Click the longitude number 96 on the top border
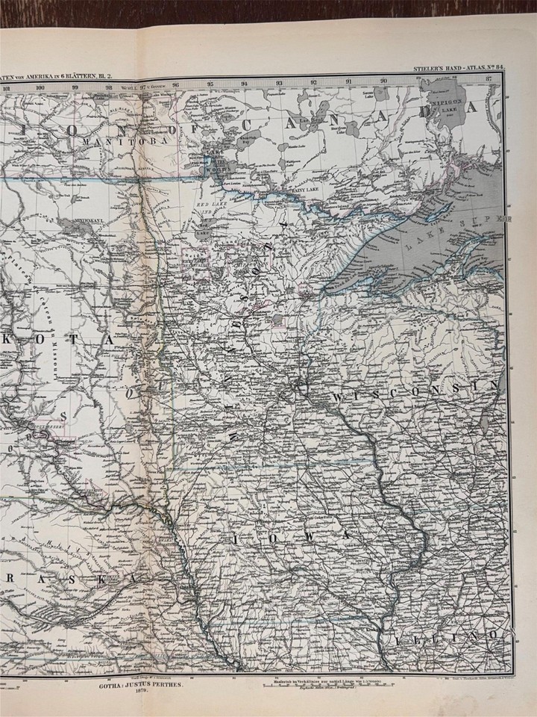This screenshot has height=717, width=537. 176,85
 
